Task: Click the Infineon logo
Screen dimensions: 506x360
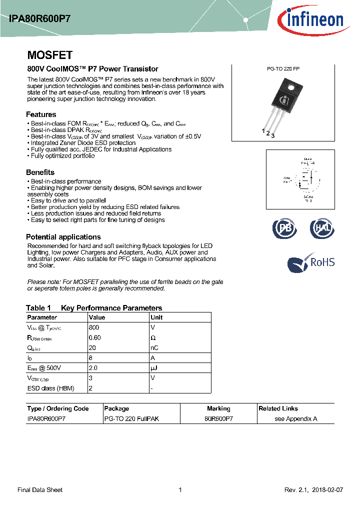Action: (x=310, y=19)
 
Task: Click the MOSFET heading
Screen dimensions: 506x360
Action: (x=49, y=55)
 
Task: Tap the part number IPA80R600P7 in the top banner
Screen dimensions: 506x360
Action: (x=39, y=18)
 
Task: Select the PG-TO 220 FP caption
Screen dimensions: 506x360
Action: (x=283, y=69)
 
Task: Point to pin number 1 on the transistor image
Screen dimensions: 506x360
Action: (x=263, y=131)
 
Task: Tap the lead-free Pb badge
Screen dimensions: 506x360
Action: (x=284, y=228)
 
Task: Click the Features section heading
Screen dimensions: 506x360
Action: (x=41, y=114)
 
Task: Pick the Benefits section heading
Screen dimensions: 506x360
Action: (x=40, y=172)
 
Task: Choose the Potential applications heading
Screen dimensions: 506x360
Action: (x=63, y=237)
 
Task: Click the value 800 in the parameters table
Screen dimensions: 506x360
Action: (x=94, y=327)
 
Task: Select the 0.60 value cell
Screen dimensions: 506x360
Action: (x=95, y=337)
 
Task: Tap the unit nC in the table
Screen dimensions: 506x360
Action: (x=155, y=348)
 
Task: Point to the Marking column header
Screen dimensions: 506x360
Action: (x=218, y=408)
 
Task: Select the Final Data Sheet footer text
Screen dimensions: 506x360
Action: (x=40, y=490)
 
